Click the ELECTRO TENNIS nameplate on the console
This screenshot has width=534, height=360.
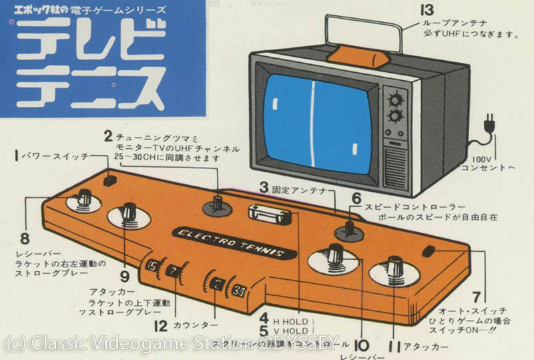coord(232,244)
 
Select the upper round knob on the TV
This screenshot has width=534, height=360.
coord(396,100)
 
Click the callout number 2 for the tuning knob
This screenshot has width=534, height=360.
coord(107,136)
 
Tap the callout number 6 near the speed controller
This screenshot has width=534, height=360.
coord(356,198)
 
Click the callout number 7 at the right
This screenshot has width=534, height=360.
coord(476,296)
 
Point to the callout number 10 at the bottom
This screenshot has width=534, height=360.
coord(360,346)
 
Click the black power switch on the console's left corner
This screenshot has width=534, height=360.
coord(109,179)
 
